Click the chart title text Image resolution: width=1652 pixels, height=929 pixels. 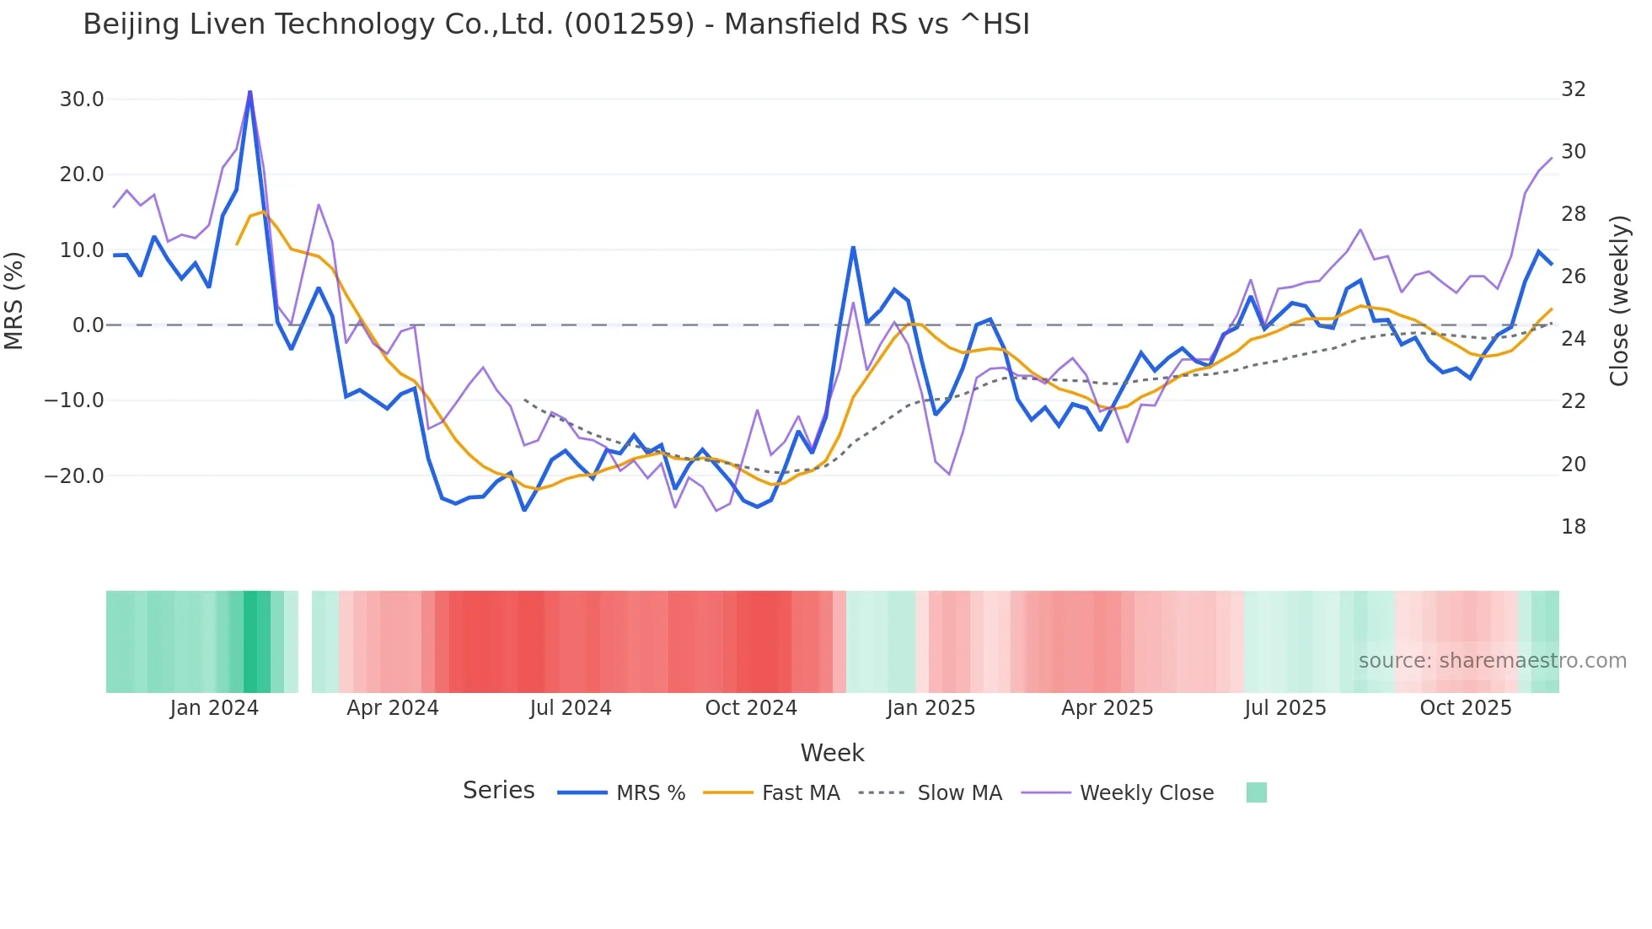point(556,24)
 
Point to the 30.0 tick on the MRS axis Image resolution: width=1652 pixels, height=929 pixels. point(82,99)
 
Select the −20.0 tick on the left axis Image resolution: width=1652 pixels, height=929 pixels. point(75,475)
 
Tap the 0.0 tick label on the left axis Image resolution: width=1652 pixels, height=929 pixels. point(88,325)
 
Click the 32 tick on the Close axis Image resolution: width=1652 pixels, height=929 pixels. point(1573,89)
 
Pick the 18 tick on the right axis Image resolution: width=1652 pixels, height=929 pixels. point(1573,527)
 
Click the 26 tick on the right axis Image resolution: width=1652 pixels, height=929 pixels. point(1573,277)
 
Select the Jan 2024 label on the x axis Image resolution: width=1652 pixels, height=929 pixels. point(214,708)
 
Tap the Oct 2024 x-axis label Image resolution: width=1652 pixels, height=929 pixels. point(751,708)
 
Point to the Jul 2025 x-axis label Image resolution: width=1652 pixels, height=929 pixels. point(1285,708)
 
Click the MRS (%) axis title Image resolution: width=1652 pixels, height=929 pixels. point(14,300)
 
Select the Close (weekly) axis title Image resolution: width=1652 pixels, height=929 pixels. point(1619,301)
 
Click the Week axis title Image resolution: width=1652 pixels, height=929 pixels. point(832,753)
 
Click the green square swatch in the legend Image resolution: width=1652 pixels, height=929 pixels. point(1256,792)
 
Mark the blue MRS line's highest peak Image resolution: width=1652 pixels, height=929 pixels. point(249,92)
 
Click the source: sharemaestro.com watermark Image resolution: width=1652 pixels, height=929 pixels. point(1492,661)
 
